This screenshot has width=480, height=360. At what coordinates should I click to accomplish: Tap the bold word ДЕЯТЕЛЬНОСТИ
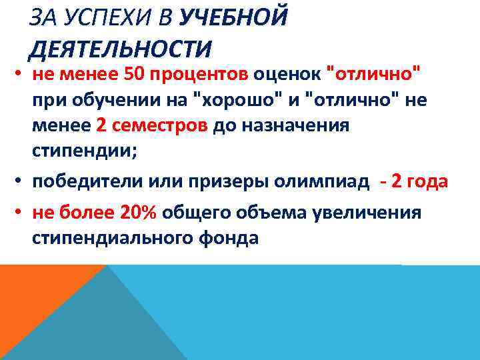120,48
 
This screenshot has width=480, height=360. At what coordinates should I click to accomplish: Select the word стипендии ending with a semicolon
85,152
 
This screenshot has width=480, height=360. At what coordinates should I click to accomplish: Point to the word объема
273,213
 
